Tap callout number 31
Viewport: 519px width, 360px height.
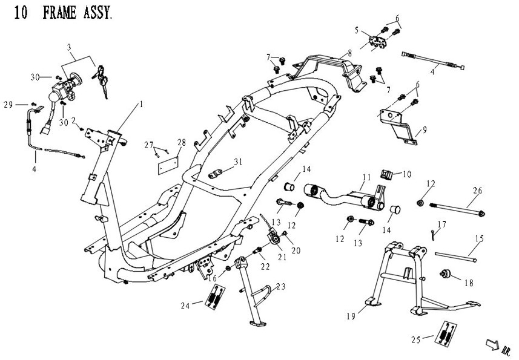(x=238, y=162)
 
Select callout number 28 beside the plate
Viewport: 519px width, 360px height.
(x=181, y=143)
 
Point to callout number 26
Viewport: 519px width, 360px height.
(x=478, y=191)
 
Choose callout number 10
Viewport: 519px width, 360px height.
(x=406, y=174)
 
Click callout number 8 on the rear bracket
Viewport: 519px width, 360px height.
(x=349, y=53)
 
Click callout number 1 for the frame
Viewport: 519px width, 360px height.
(x=141, y=105)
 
